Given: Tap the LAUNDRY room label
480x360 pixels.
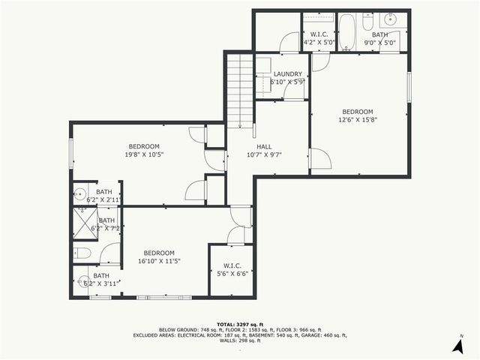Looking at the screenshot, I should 287,73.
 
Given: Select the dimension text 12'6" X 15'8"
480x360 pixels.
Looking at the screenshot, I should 357,118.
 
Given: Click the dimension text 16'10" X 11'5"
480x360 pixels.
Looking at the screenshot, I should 159,261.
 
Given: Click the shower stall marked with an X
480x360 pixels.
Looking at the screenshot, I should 84,222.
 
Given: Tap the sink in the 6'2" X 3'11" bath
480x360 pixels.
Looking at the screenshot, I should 84,283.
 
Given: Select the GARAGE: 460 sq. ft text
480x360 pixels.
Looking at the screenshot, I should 323,334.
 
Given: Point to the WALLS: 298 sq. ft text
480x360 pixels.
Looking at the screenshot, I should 240,341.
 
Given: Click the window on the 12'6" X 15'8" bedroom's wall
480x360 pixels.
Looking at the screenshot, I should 409,85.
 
